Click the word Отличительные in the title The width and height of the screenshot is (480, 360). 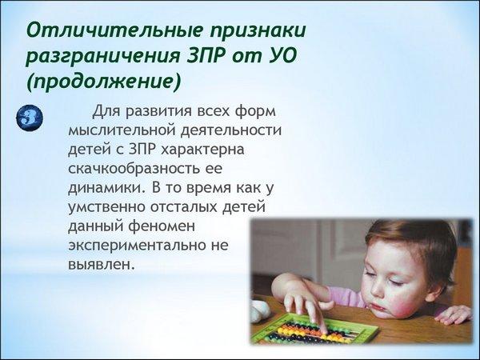click(x=114, y=30)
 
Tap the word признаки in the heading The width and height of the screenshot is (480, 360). click(x=258, y=31)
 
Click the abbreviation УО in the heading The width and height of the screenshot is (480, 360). click(x=279, y=55)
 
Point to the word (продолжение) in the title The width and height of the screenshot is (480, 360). click(x=104, y=82)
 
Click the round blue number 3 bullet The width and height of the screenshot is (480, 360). click(x=30, y=118)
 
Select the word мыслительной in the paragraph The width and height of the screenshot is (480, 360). click(x=122, y=130)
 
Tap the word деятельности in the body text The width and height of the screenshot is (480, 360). click(x=231, y=130)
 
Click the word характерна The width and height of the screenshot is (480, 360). click(x=202, y=150)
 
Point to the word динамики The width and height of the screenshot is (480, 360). click(x=106, y=188)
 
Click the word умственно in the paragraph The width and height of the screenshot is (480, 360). click(x=106, y=207)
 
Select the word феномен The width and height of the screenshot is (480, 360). click(x=162, y=227)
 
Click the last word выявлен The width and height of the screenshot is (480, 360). click(x=102, y=265)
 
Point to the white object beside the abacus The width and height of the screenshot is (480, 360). click(x=260, y=310)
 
